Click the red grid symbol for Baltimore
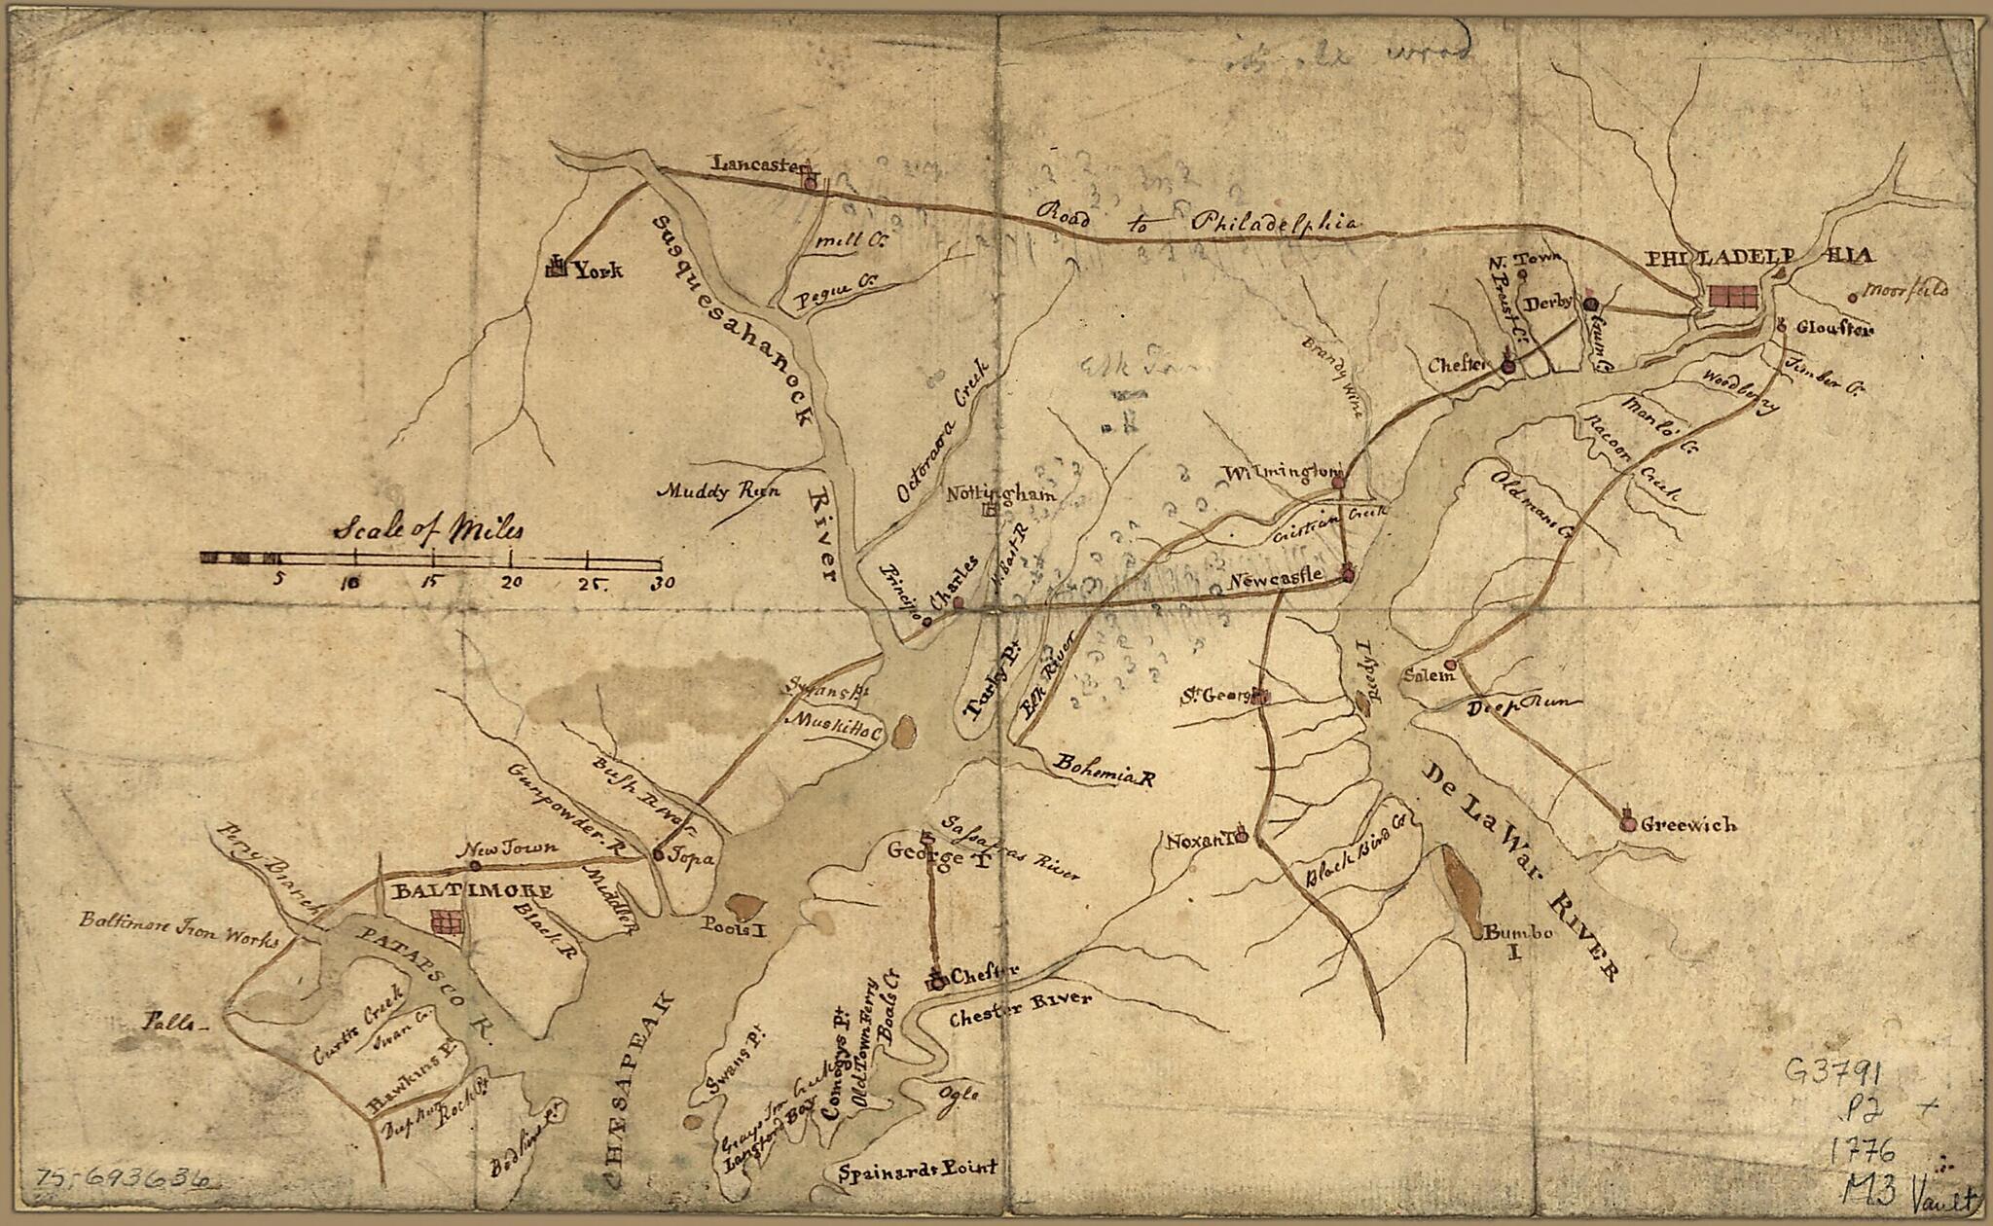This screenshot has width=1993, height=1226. [x=448, y=919]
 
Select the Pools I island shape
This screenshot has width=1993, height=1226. [x=743, y=905]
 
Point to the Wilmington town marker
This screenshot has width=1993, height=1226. [x=1337, y=481]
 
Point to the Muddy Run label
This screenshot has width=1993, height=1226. [x=718, y=491]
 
